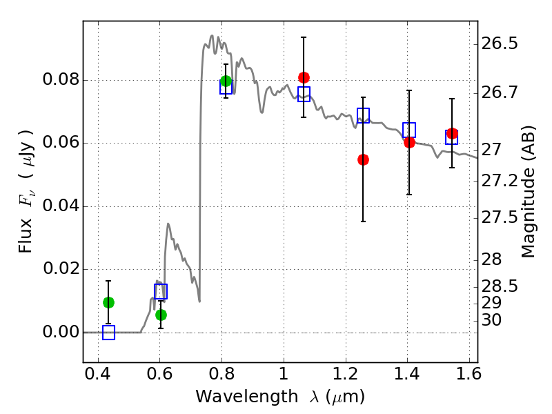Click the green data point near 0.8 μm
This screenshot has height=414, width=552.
pyautogui.click(x=226, y=81)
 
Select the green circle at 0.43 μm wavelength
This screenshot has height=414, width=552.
pyautogui.click(x=108, y=302)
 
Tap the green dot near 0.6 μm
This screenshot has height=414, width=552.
pyautogui.click(x=161, y=315)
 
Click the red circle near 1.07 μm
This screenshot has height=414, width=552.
pyautogui.click(x=304, y=77)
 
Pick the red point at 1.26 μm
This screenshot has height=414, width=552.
pyautogui.click(x=363, y=159)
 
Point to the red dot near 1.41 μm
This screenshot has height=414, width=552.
pyautogui.click(x=409, y=142)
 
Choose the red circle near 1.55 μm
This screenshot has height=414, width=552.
pyautogui.click(x=452, y=133)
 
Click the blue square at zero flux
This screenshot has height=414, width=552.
pyautogui.click(x=108, y=333)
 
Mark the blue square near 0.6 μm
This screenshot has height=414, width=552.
pyautogui.click(x=161, y=291)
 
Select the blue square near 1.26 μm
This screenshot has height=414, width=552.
pyautogui.click(x=363, y=115)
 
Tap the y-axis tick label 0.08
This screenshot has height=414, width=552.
pyautogui.click(x=60, y=80)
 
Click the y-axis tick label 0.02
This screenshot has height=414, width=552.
pyautogui.click(x=60, y=269)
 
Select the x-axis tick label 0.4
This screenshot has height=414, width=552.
pyautogui.click(x=98, y=375)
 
